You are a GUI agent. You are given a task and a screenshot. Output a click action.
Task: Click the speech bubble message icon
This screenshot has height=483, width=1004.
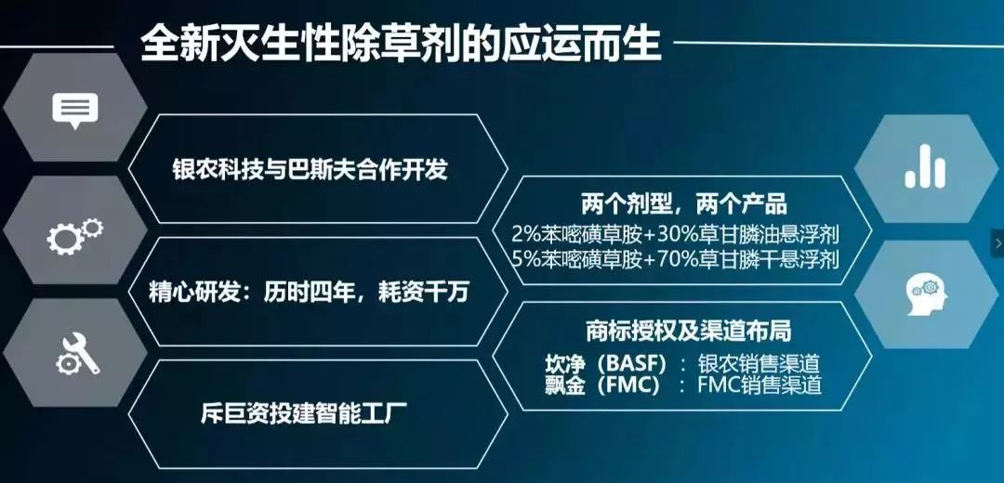(74, 111)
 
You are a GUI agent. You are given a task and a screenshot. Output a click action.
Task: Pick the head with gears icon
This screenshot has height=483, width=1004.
(926, 296)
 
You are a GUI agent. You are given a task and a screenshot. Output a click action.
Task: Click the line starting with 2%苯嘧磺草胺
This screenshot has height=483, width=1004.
(676, 233)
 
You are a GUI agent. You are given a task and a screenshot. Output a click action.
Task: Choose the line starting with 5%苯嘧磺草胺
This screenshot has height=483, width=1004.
(676, 260)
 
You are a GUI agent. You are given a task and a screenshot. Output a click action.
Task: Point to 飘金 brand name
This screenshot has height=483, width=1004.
(565, 385)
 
